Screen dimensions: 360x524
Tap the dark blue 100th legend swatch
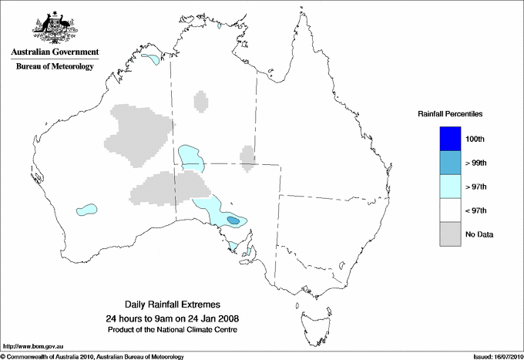point(449,138)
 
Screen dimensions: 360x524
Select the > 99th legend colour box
point(449,162)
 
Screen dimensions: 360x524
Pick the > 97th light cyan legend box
point(449,187)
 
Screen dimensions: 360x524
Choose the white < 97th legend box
point(449,210)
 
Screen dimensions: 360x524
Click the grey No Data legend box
point(449,234)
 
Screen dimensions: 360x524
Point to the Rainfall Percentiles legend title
point(450,114)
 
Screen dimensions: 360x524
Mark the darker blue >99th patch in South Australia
point(233,221)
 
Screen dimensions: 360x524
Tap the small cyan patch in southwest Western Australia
point(87,208)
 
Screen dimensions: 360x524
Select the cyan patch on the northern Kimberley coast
point(151,58)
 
